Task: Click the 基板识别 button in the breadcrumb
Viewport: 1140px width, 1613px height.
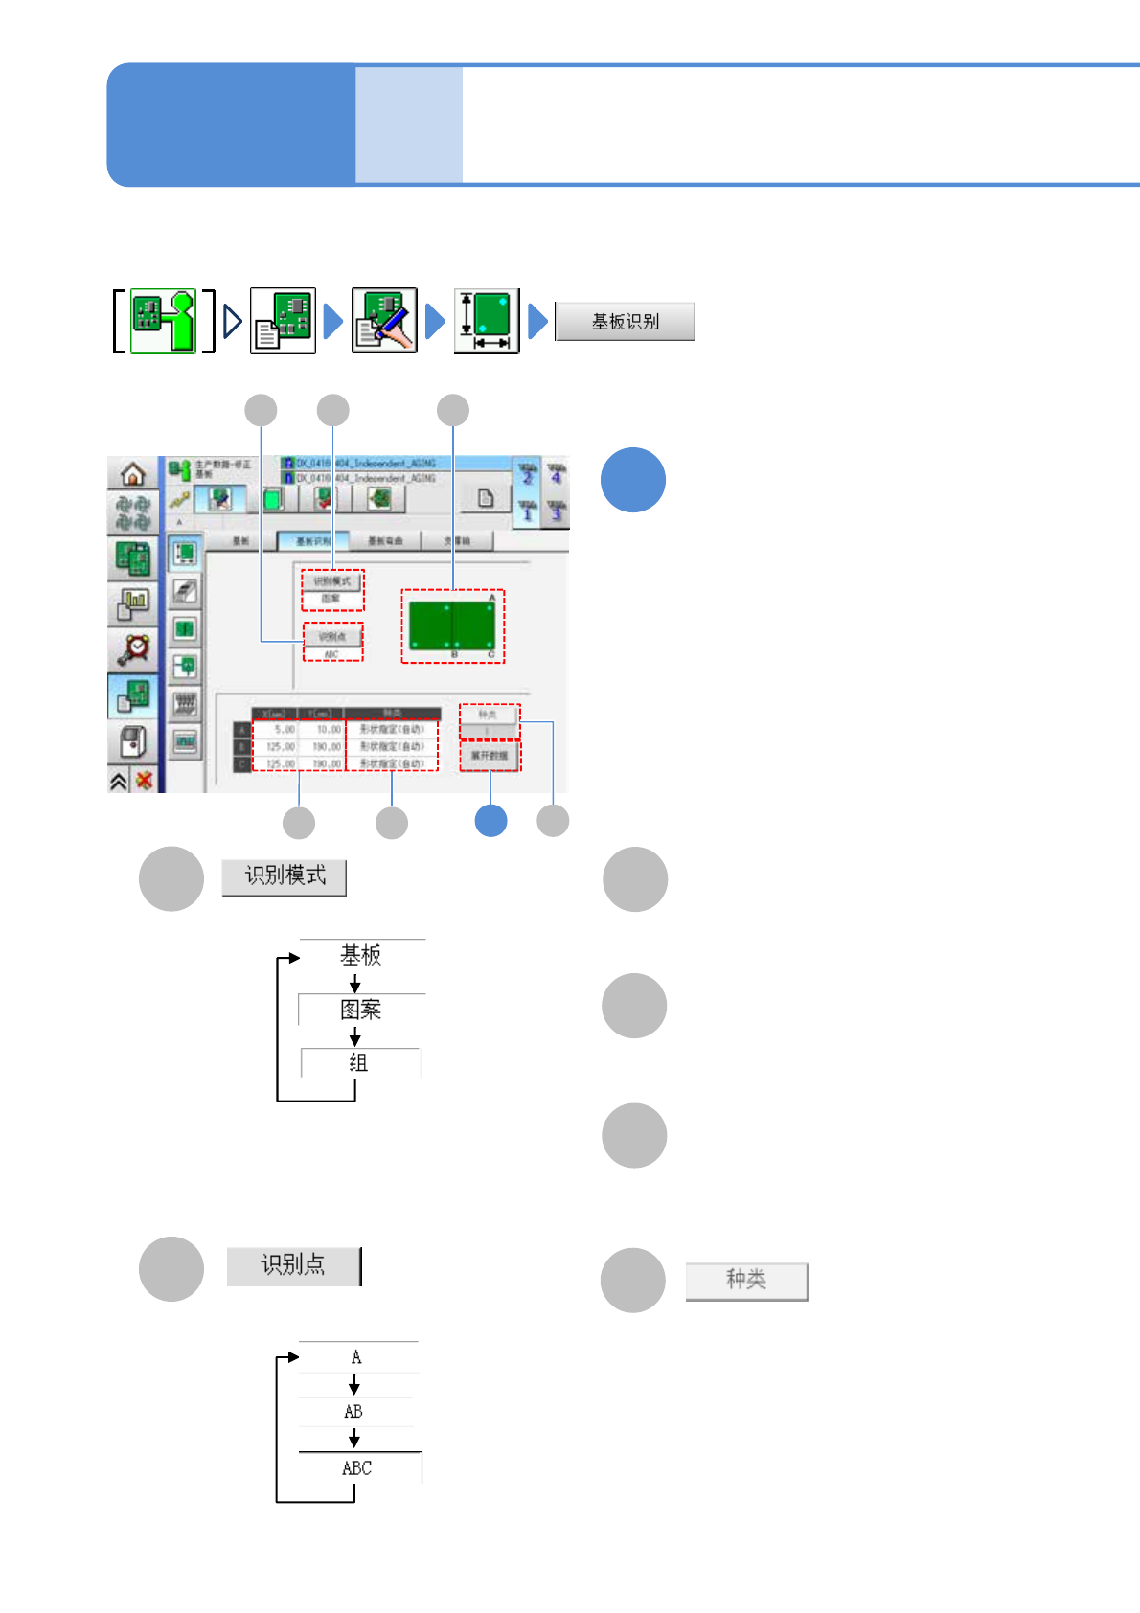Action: [x=625, y=322]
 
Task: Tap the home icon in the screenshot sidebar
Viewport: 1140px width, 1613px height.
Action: [x=132, y=473]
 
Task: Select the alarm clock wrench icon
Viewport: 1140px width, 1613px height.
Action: [x=133, y=648]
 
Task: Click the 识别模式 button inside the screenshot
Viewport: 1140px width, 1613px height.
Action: [x=332, y=581]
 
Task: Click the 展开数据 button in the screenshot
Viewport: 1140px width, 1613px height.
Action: [x=490, y=756]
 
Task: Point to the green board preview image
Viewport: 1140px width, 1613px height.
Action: [x=452, y=625]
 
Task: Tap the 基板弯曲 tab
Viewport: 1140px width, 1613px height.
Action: [x=384, y=541]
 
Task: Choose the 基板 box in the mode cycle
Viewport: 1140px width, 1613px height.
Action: [x=361, y=955]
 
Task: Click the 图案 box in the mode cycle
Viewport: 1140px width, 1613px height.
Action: [x=361, y=1010]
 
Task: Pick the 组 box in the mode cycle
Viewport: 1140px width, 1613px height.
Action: [x=359, y=1062]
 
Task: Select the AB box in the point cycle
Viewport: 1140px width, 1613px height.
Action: [x=353, y=1411]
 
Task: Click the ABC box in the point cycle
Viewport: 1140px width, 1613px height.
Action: [x=357, y=1467]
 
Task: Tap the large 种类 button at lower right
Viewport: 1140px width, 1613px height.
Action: [x=746, y=1280]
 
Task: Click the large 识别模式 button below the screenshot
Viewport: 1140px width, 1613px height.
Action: [x=285, y=876]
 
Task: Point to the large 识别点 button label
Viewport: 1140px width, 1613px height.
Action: [x=293, y=1265]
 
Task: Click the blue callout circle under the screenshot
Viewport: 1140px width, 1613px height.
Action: [x=490, y=821]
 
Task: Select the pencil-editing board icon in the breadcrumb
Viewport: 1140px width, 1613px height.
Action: [x=384, y=321]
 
